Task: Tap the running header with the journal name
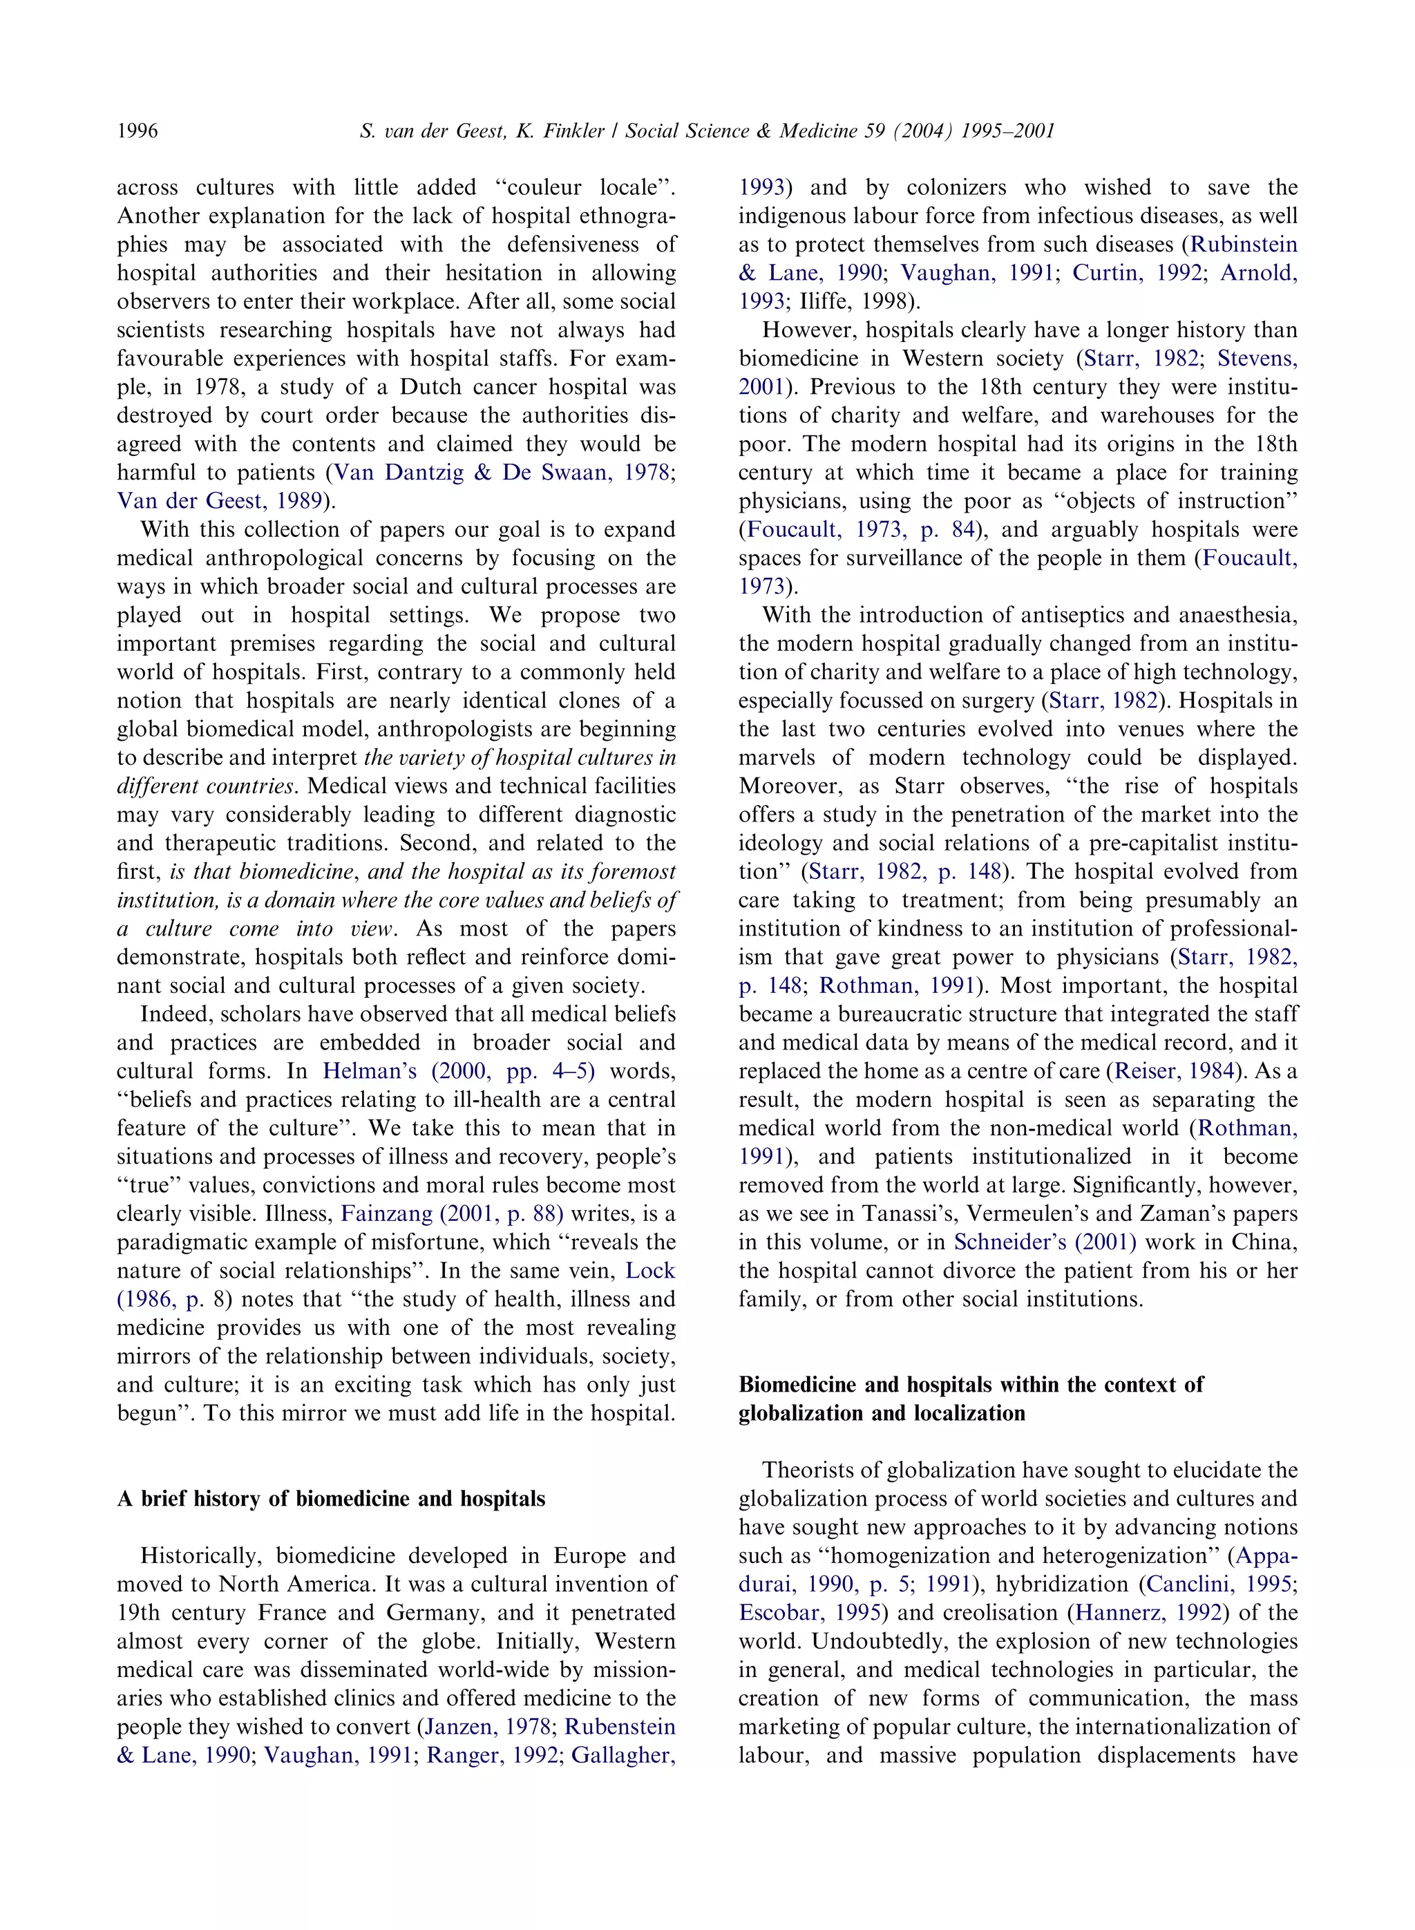[x=707, y=131]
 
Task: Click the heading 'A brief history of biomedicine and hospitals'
[x=331, y=1498]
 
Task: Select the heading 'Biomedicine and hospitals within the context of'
[x=971, y=1384]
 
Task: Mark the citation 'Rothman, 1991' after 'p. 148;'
[x=897, y=985]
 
